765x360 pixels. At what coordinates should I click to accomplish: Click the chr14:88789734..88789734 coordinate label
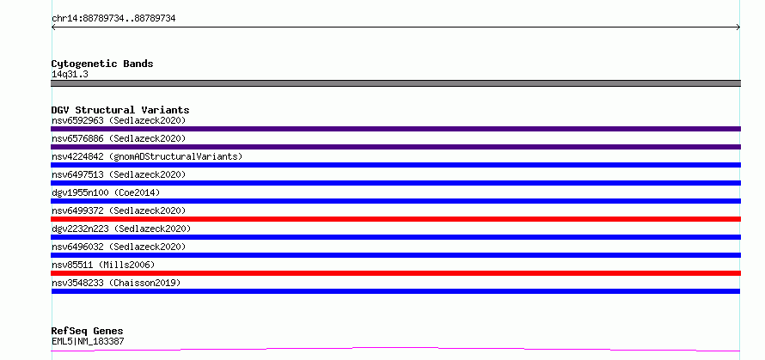coord(113,19)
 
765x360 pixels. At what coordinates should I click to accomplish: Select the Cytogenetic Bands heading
coord(102,64)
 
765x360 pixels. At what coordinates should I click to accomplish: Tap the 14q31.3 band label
coord(70,75)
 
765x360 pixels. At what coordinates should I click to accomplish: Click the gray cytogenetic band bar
coord(395,83)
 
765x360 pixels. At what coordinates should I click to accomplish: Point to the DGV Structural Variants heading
coord(120,110)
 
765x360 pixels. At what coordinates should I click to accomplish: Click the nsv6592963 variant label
coord(119,120)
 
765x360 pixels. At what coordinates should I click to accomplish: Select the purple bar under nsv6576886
coord(395,147)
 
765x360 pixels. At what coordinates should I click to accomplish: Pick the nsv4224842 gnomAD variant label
coord(147,156)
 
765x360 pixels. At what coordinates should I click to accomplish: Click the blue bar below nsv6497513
coord(395,183)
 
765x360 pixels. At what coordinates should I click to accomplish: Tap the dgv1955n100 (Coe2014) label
coord(106,192)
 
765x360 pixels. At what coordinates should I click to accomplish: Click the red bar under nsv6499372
coord(395,219)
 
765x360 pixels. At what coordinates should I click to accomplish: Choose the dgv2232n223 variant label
coord(121,229)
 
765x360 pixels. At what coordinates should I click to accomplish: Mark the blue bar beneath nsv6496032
coord(395,255)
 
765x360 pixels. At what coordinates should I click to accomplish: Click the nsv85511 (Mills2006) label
coord(103,265)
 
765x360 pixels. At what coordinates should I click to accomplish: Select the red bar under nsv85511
coord(395,273)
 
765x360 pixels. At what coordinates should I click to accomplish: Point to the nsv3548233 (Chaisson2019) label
coord(116,283)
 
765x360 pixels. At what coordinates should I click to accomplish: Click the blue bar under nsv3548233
coord(395,291)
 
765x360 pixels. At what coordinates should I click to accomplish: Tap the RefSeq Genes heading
coord(87,332)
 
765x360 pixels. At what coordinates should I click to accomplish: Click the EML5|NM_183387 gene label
coord(88,341)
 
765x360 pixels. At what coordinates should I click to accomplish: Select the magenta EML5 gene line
coord(395,348)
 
